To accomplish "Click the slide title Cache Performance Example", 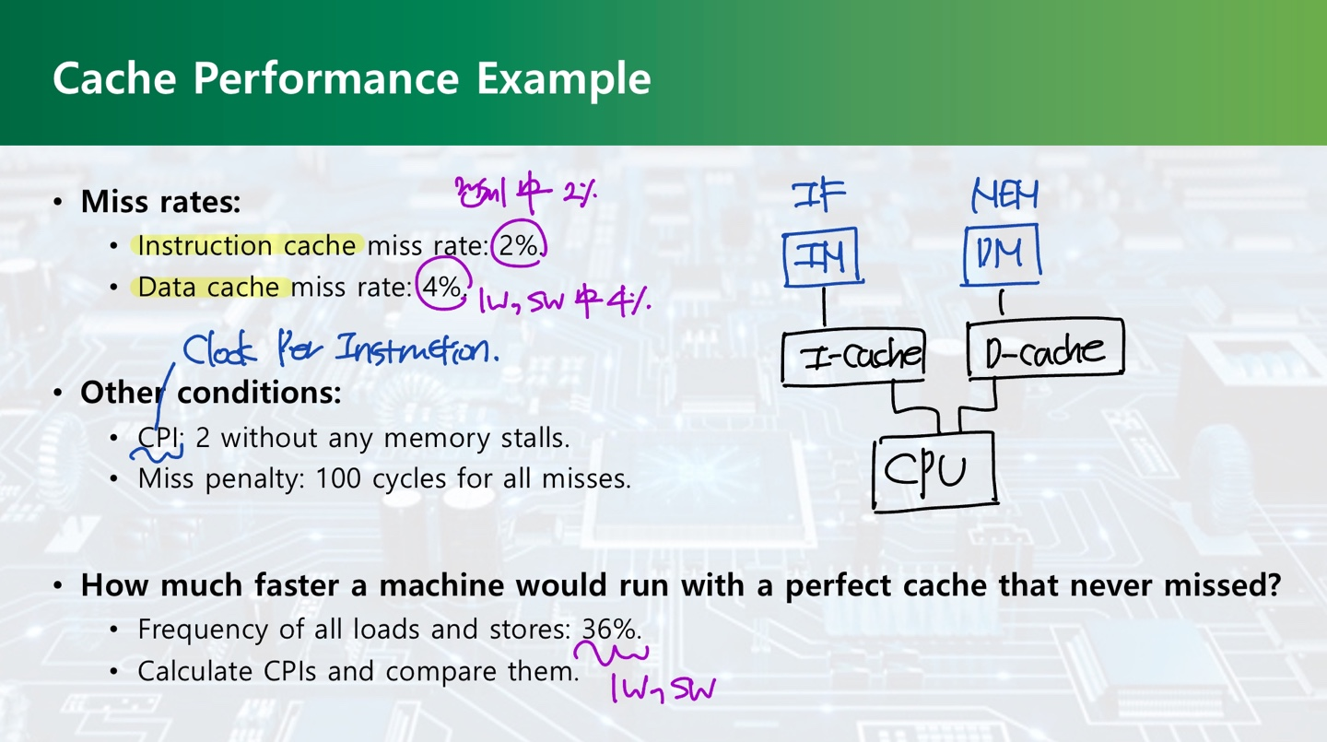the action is coord(351,78).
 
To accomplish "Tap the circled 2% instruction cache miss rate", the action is coord(519,245).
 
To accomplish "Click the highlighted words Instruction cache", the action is coord(246,245).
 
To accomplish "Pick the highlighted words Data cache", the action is coord(209,287).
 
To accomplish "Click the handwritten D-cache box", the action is coord(1045,349).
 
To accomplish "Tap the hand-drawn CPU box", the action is coord(934,471).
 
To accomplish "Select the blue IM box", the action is coord(822,256).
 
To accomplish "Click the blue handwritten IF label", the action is coord(818,196).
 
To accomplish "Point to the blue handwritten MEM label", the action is coord(1004,195).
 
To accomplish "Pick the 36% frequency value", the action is coord(610,630).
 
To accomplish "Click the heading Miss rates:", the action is coord(160,202).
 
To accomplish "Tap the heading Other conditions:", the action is coord(210,393).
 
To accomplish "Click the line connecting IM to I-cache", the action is coord(824,307).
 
